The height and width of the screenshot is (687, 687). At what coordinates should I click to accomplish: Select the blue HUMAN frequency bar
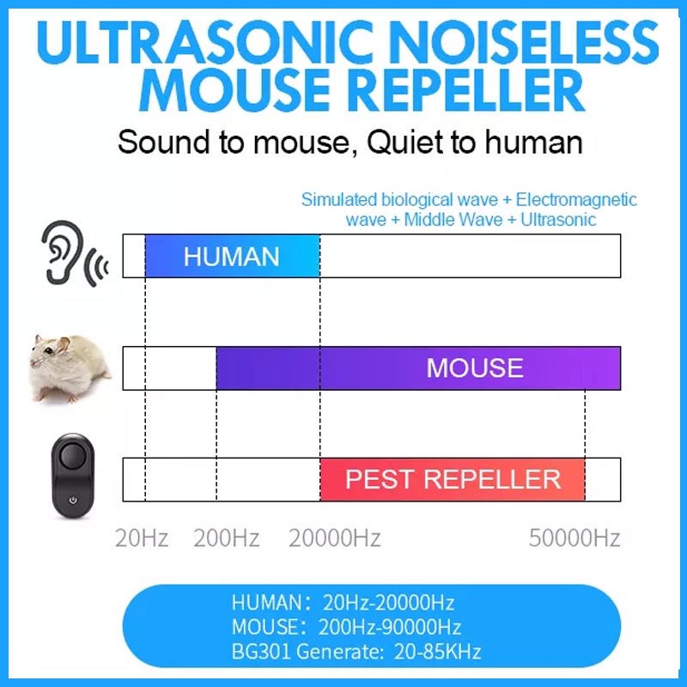coord(233,256)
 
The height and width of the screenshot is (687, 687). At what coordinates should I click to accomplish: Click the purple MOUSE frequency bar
coord(418,368)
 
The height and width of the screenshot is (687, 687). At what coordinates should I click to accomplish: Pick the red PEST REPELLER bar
coord(453,479)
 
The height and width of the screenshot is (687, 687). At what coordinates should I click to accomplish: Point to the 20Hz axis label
coord(142,538)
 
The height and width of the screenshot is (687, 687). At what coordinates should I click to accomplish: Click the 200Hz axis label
coord(227,538)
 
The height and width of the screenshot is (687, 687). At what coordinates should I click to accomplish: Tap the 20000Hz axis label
coord(334,538)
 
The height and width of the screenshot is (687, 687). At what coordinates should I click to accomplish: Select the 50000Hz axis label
coord(575,538)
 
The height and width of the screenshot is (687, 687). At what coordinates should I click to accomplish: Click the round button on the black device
coord(72,456)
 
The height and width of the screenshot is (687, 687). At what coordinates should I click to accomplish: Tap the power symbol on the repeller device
coord(73,501)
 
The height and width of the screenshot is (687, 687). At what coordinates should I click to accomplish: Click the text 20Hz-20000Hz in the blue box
coord(389,603)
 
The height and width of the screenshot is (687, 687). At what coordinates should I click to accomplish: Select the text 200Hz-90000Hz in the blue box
coord(390,627)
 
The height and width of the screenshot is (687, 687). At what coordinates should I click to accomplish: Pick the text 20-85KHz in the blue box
coord(437,652)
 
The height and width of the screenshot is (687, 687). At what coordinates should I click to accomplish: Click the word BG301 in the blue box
coord(261,652)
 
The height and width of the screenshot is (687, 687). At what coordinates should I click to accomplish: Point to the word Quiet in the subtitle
coord(404,143)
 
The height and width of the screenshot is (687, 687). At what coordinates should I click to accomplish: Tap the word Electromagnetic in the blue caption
coord(576,200)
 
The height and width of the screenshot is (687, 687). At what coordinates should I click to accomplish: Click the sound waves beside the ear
coord(98,266)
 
